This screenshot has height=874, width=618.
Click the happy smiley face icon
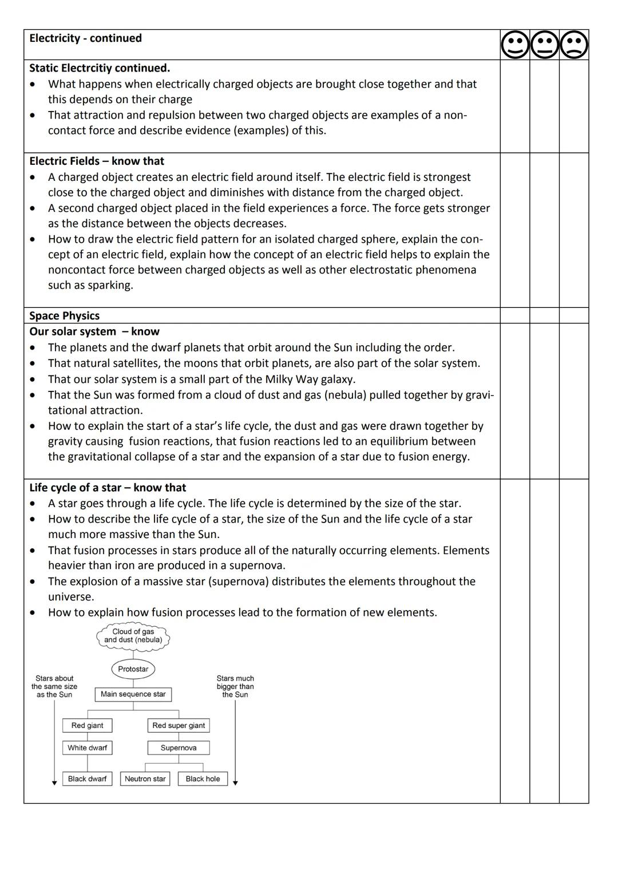(x=515, y=45)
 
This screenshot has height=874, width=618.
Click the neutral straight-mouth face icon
(x=545, y=45)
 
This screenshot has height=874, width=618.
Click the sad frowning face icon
(x=574, y=45)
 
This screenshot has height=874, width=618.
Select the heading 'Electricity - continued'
(x=85, y=38)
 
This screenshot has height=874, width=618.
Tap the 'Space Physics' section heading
(x=64, y=315)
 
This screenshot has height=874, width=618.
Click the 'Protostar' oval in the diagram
(x=133, y=669)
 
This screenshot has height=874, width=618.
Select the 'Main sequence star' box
(x=133, y=694)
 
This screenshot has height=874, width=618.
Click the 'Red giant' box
(x=87, y=725)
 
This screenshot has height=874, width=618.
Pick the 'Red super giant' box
(x=179, y=725)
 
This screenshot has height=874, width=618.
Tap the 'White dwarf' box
(x=87, y=748)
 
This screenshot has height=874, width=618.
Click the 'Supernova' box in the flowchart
(x=179, y=748)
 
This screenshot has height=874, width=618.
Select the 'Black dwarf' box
(x=87, y=778)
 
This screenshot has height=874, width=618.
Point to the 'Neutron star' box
(x=145, y=778)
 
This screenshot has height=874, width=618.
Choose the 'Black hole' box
(x=203, y=778)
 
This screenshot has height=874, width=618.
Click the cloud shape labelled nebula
(x=133, y=636)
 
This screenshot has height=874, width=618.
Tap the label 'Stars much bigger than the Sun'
(x=235, y=686)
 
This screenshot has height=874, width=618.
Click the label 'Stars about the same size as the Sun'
(x=54, y=686)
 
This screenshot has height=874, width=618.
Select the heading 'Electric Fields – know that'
(x=97, y=161)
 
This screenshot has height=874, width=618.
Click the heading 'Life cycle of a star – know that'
(x=108, y=487)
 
